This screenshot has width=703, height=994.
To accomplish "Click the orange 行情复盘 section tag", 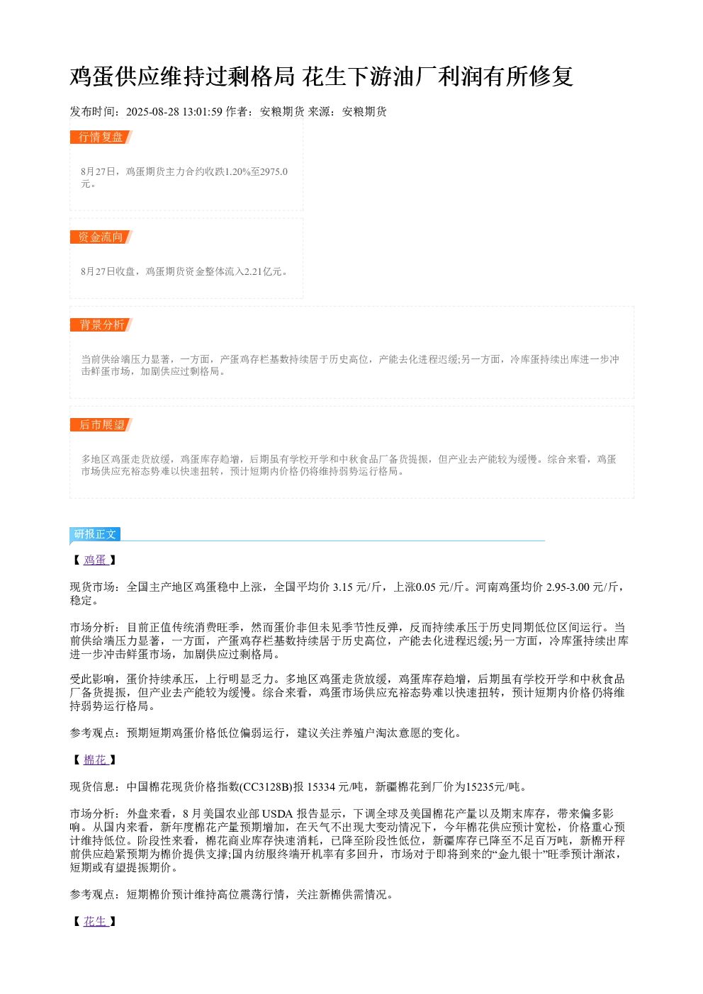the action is tap(101, 137).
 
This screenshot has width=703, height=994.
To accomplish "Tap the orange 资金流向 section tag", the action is tap(101, 237).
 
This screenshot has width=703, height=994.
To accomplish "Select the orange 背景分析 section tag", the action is tap(101, 324).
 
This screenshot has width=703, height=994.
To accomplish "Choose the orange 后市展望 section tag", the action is tap(101, 424).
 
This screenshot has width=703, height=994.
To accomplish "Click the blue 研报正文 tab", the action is tap(95, 533).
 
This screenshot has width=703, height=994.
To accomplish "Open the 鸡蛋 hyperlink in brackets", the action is tap(96, 560).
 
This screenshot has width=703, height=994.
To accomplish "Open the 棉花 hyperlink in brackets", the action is tap(96, 759).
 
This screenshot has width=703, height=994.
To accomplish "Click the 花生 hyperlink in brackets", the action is tap(96, 921).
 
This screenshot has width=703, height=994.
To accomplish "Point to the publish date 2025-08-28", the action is tap(152, 112).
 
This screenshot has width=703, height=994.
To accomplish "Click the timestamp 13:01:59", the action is tap(203, 112).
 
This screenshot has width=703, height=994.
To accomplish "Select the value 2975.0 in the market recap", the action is tap(274, 171).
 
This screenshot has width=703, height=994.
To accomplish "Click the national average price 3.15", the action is tap(342, 587).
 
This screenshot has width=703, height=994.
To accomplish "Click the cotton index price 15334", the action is tap(321, 786).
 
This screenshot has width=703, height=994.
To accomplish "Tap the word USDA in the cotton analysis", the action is tap(277, 814).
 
